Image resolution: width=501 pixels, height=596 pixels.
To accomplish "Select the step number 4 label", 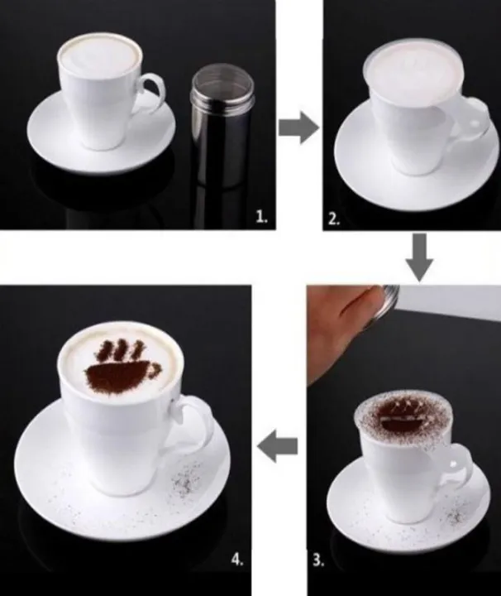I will (238, 560).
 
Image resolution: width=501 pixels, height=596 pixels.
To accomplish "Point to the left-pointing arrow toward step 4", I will (278, 448).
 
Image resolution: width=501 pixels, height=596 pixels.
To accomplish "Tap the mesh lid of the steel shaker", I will (217, 83).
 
